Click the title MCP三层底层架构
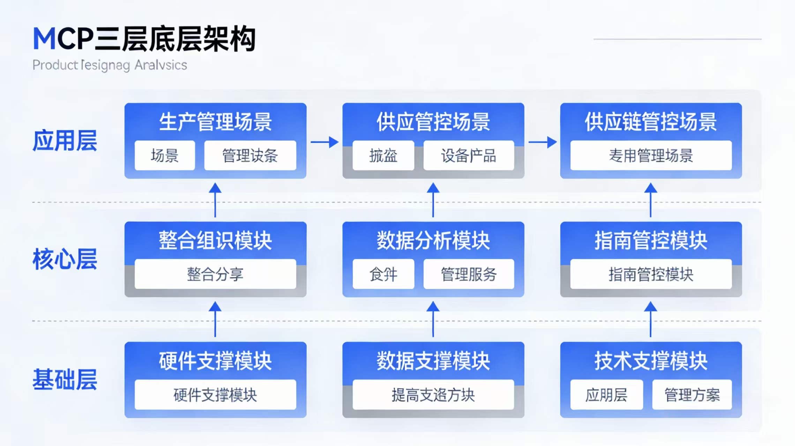144,39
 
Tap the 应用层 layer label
65,141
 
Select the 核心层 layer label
65,260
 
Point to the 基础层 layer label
65,379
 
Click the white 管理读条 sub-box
250,155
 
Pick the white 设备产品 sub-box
468,155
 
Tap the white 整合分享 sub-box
215,274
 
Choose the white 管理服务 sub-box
468,274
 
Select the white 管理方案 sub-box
692,395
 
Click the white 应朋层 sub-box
606,395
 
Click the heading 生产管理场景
215,122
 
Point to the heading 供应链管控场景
651,122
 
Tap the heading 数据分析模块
433,241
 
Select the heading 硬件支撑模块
215,361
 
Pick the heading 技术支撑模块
651,361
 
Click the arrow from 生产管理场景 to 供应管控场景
324,142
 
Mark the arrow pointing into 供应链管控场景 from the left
542,142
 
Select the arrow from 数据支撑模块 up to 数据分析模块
433,319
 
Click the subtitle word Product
55,65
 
